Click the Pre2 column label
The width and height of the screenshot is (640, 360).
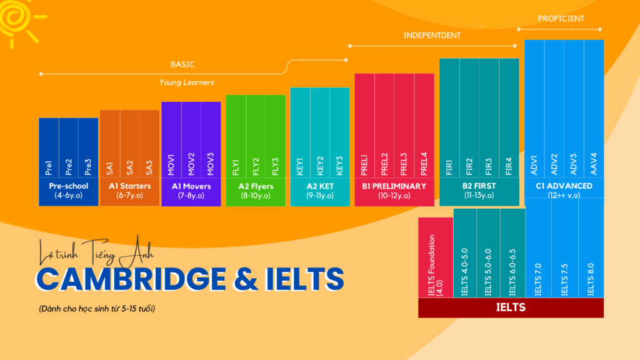pyautogui.click(x=69, y=167)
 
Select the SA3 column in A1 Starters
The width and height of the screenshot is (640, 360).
pyautogui.click(x=149, y=167)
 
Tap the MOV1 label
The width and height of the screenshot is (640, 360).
pyautogui.click(x=171, y=163)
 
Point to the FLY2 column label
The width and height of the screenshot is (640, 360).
pyautogui.click(x=256, y=166)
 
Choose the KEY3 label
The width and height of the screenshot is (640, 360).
pyautogui.click(x=339, y=166)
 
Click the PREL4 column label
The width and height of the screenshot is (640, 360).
pyautogui.click(x=424, y=163)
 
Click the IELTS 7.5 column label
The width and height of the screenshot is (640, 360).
pyautogui.click(x=565, y=279)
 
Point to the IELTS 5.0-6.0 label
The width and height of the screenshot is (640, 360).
pyautogui.click(x=489, y=272)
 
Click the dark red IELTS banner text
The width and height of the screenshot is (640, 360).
pyautogui.click(x=511, y=307)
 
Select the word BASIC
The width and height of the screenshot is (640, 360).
pyautogui.click(x=182, y=64)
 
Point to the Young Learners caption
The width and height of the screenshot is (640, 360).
pyautogui.click(x=186, y=82)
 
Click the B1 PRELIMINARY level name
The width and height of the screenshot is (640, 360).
pyautogui.click(x=394, y=186)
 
